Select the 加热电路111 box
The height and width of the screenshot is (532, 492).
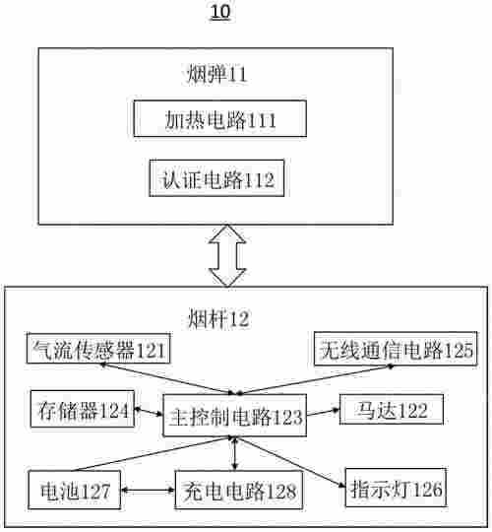coord(220,121)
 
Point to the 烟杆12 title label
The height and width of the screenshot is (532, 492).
coord(217,317)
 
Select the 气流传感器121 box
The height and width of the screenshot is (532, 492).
coord(97,349)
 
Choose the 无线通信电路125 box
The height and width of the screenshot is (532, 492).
coord(395,349)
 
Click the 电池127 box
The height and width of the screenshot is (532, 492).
coord(75,487)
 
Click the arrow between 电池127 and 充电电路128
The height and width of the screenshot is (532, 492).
coord(149,487)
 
